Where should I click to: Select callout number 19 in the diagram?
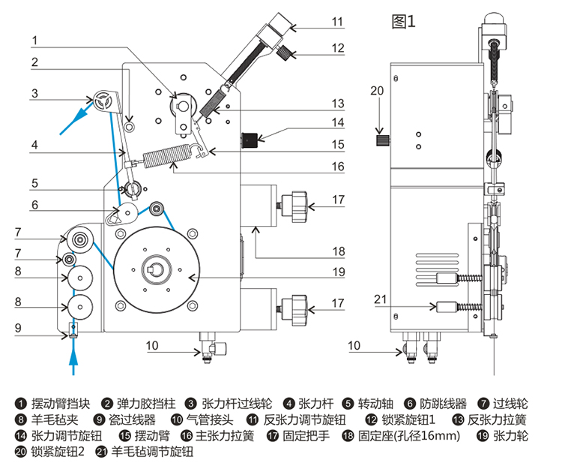[x=337, y=272]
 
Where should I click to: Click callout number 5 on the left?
[x=35, y=182]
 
